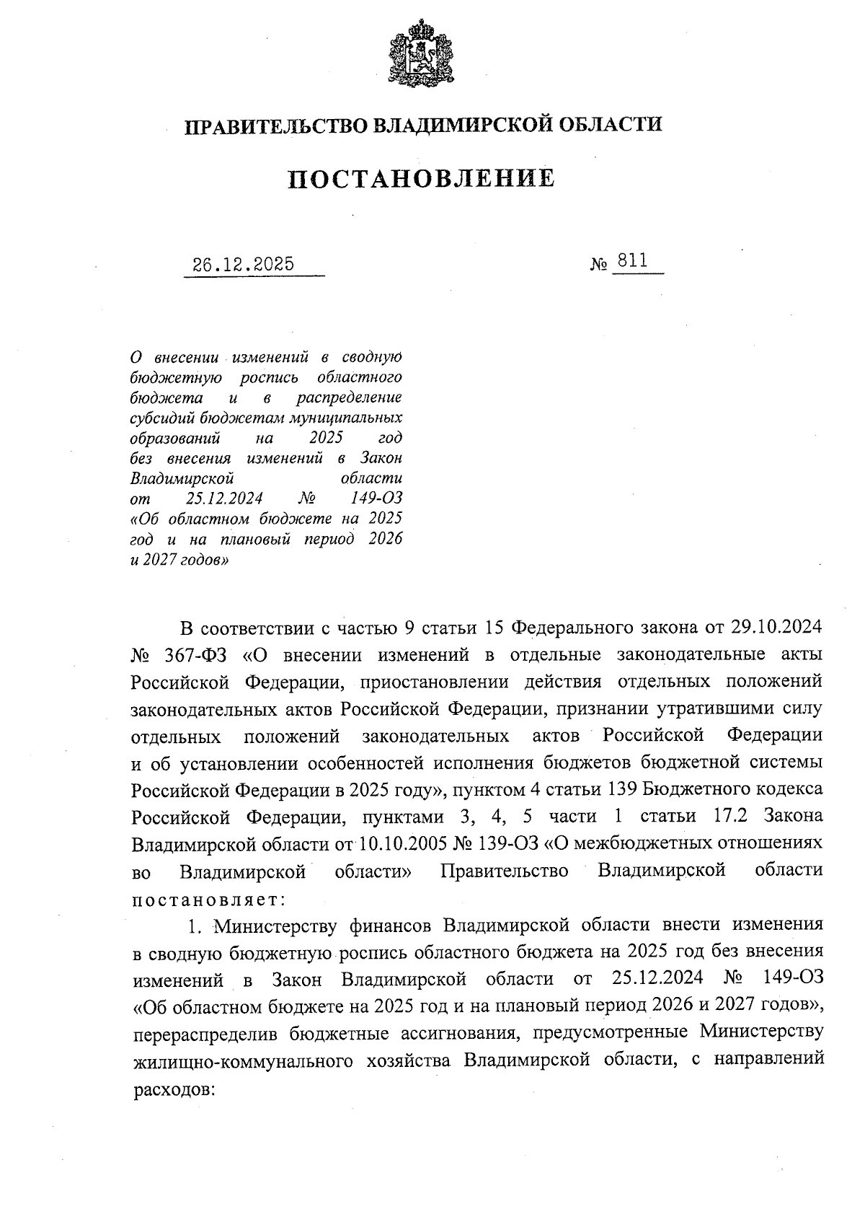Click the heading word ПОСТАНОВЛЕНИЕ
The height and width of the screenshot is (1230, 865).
422,178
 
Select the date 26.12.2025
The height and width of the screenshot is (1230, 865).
244,264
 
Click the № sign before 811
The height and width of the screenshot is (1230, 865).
599,265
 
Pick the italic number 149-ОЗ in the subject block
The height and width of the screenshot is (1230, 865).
376,498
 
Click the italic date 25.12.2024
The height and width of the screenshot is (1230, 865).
223,498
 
